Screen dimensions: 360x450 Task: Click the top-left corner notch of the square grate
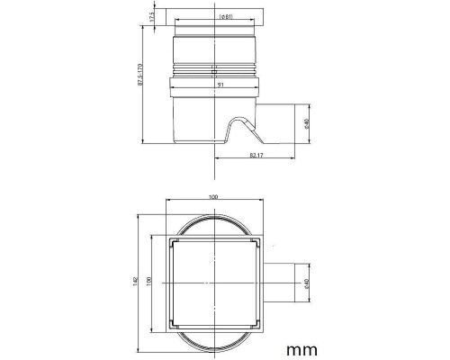pyautogui.click(x=171, y=241)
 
